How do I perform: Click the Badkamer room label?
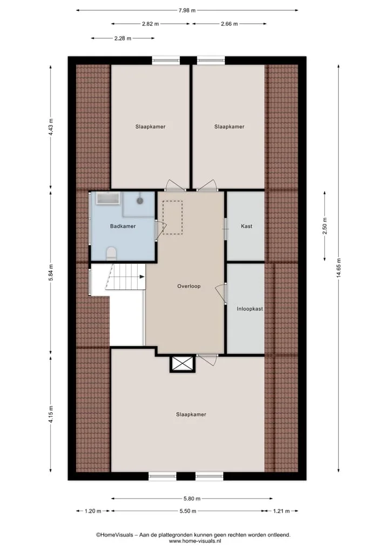(123, 226)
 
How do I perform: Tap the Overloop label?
(189, 286)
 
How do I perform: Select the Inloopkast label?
(250, 309)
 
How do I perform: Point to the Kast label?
(246, 226)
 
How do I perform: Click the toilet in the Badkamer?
(111, 253)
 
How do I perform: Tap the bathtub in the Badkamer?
(109, 198)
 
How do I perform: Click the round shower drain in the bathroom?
(140, 201)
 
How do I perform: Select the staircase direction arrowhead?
(142, 277)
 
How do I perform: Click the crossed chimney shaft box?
(183, 364)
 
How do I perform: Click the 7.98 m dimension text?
(187, 10)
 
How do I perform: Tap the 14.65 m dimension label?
(339, 268)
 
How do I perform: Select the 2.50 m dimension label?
(325, 226)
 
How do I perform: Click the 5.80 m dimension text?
(192, 499)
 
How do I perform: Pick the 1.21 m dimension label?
(281, 511)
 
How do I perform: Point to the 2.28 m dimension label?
(123, 38)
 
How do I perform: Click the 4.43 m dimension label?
(51, 127)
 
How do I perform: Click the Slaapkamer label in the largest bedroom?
(191, 415)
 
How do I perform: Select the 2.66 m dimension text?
(229, 24)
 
